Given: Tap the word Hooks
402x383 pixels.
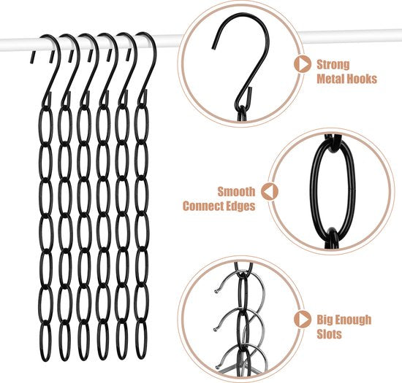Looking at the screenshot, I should pos(364,77).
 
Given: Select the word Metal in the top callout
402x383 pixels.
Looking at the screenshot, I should pos(333,77).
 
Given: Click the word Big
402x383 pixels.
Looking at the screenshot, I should pos(325,320).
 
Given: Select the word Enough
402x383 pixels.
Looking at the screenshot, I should pos(354,320).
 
